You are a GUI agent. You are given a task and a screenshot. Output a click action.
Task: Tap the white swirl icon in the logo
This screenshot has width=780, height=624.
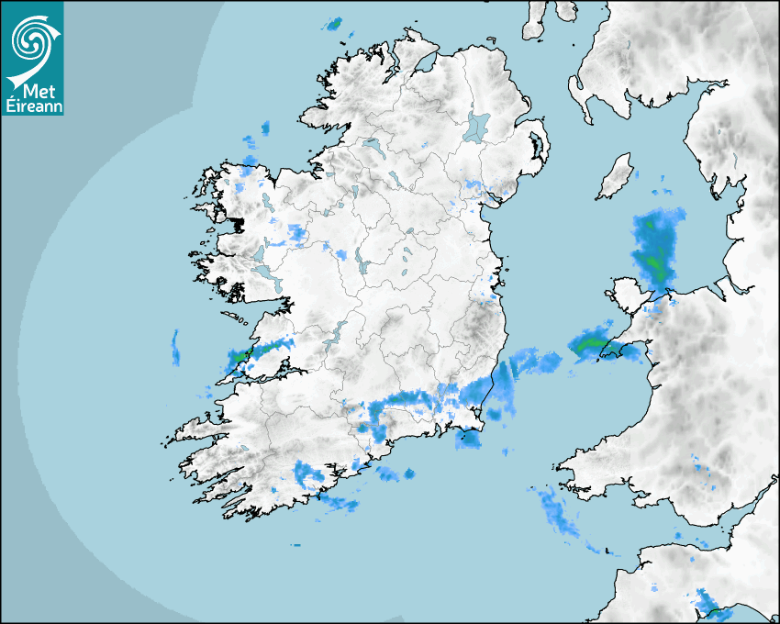pyautogui.click(x=30, y=40)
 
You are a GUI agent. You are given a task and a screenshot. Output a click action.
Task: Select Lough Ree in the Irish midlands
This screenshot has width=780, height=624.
pyautogui.click(x=362, y=266)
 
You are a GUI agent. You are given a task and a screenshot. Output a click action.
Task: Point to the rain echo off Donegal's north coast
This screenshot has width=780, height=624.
pyautogui.click(x=334, y=24)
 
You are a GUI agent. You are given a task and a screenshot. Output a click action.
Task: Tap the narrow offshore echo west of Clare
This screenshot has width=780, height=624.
pyautogui.click(x=174, y=347)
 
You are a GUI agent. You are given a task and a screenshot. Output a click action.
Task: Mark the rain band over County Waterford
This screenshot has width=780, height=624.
pyautogui.click(x=413, y=399)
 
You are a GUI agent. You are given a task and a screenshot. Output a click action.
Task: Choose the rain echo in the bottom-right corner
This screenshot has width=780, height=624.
pyautogui.click(x=708, y=604)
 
